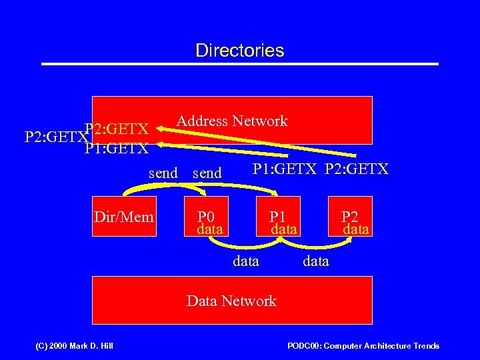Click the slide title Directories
(x=240, y=51)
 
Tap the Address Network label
(x=231, y=121)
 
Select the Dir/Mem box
(x=124, y=217)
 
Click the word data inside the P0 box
(x=210, y=229)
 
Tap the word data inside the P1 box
(x=283, y=229)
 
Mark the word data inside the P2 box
(x=356, y=229)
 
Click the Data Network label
(x=231, y=301)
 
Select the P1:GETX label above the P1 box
(x=285, y=169)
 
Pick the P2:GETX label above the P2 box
(x=357, y=169)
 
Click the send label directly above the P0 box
(x=207, y=173)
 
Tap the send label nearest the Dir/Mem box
(x=163, y=173)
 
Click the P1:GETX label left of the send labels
(x=117, y=148)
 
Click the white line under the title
(x=240, y=64)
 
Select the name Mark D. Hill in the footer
(x=89, y=346)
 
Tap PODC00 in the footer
(x=304, y=346)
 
